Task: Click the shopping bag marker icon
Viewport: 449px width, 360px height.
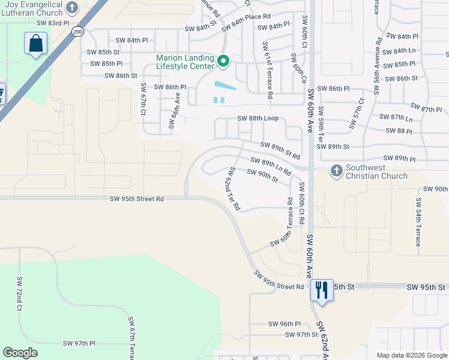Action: pyautogui.click(x=35, y=44)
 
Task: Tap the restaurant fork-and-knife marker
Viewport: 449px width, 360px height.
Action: pyautogui.click(x=322, y=290)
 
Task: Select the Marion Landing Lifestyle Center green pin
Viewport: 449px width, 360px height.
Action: pyautogui.click(x=223, y=61)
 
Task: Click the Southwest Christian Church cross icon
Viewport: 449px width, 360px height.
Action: pyautogui.click(x=336, y=172)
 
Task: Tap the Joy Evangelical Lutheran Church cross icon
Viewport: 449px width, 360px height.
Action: pyautogui.click(x=72, y=8)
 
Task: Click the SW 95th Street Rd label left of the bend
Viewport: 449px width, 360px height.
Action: pyautogui.click(x=137, y=199)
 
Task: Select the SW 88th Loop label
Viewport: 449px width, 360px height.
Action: pyautogui.click(x=258, y=119)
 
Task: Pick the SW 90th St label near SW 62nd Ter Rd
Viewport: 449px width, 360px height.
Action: pyautogui.click(x=262, y=175)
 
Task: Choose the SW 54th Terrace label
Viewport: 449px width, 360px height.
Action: pyautogui.click(x=418, y=224)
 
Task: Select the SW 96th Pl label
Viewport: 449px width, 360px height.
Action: pyautogui.click(x=285, y=323)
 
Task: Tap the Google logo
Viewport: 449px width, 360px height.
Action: pyautogui.click(x=20, y=353)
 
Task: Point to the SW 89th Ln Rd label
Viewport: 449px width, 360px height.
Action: pyautogui.click(x=271, y=167)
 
